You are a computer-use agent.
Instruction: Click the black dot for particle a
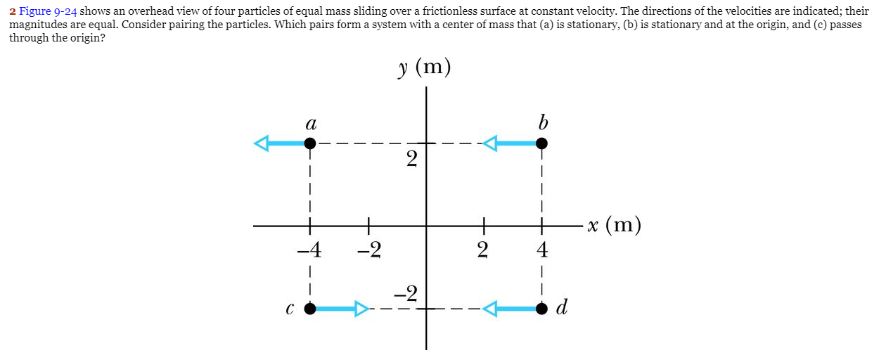[309, 143]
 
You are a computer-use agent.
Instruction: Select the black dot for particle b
[541, 143]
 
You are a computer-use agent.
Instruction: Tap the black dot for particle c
[310, 308]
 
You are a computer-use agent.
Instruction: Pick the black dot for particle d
[541, 308]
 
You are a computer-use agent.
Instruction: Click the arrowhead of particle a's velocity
[262, 143]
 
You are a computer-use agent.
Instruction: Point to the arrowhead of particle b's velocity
[490, 143]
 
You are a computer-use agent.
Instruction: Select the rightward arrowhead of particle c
[361, 308]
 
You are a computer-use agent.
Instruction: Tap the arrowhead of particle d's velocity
[490, 308]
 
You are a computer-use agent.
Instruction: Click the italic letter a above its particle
[309, 124]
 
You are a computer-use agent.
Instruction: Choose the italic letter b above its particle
[541, 122]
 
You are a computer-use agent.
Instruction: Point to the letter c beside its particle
[290, 309]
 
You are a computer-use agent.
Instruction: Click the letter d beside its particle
[562, 307]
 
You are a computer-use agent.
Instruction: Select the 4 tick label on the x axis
[541, 249]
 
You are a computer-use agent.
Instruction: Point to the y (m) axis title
[424, 68]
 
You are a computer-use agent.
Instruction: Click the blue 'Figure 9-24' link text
[48, 12]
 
